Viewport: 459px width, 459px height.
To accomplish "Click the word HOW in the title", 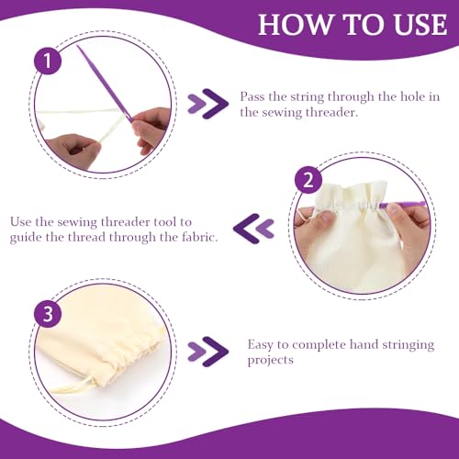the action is (296, 25).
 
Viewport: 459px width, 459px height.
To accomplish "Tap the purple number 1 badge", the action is (48, 61).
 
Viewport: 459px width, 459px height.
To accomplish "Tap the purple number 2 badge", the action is (308, 180).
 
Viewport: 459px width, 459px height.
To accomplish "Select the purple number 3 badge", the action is (48, 314).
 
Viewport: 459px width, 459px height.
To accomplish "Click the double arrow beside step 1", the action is (208, 104).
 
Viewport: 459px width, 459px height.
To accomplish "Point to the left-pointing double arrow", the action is (253, 229).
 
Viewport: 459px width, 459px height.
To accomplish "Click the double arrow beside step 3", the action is (208, 352).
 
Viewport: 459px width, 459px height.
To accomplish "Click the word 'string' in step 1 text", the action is (307, 97).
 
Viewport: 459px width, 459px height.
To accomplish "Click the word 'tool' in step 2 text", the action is (166, 221).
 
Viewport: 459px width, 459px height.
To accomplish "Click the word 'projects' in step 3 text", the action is (270, 361).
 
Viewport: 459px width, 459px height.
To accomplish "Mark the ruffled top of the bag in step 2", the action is (352, 195).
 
